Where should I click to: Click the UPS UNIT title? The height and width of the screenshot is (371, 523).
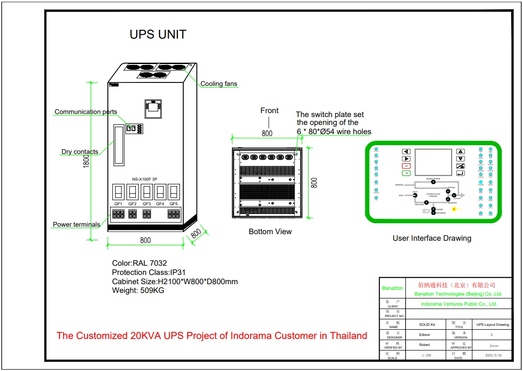[158, 35]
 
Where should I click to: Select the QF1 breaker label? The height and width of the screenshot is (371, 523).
[118, 204]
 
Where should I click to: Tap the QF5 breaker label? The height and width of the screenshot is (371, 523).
[174, 204]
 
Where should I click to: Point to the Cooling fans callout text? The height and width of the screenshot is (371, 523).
[219, 84]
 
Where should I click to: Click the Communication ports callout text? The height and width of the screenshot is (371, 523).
[86, 112]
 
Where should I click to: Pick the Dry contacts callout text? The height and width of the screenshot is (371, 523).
[80, 152]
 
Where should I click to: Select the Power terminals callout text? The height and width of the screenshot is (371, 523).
[76, 225]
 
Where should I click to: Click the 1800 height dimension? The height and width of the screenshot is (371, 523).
[86, 161]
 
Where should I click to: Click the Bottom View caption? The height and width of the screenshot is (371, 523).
[270, 232]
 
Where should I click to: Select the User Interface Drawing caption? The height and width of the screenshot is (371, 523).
[432, 238]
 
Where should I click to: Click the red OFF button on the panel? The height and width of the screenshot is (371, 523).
[406, 166]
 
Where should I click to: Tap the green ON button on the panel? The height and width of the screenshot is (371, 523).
[406, 173]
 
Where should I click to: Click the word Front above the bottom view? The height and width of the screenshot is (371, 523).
[269, 111]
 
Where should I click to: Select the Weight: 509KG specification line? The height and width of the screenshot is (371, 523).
[138, 290]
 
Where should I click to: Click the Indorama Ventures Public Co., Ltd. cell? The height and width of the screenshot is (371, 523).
[459, 304]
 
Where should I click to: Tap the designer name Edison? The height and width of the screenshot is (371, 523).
[425, 335]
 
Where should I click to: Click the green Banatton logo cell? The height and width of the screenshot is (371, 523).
[392, 288]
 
